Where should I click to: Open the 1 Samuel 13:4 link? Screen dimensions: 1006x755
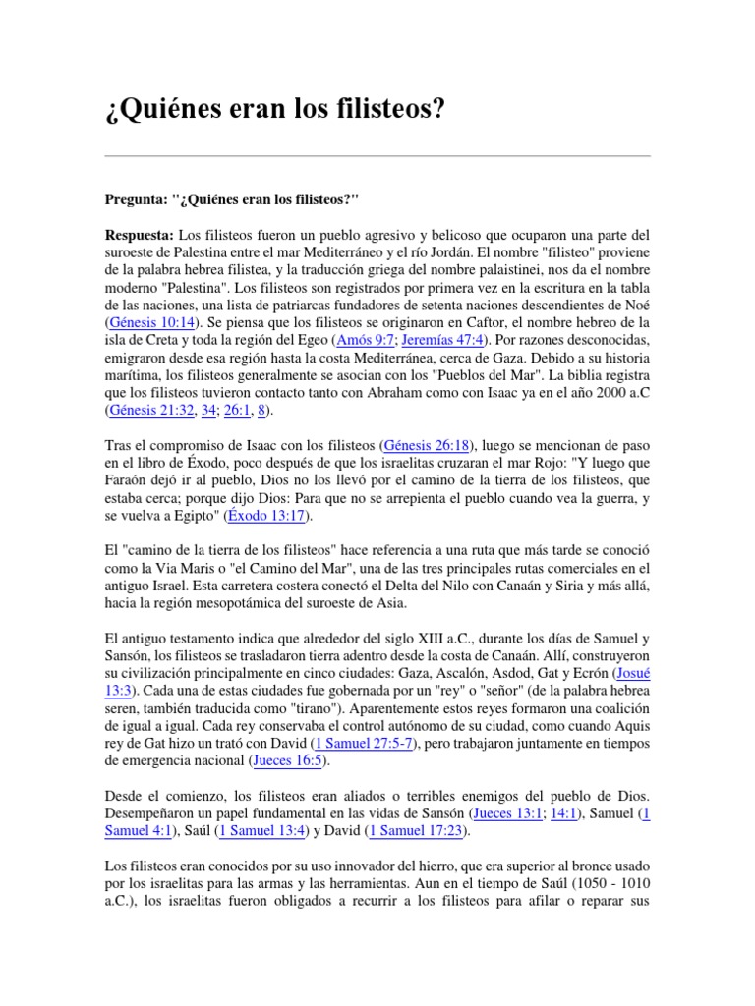coord(262,831)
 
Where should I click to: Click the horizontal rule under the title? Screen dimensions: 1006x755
coord(377,155)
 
